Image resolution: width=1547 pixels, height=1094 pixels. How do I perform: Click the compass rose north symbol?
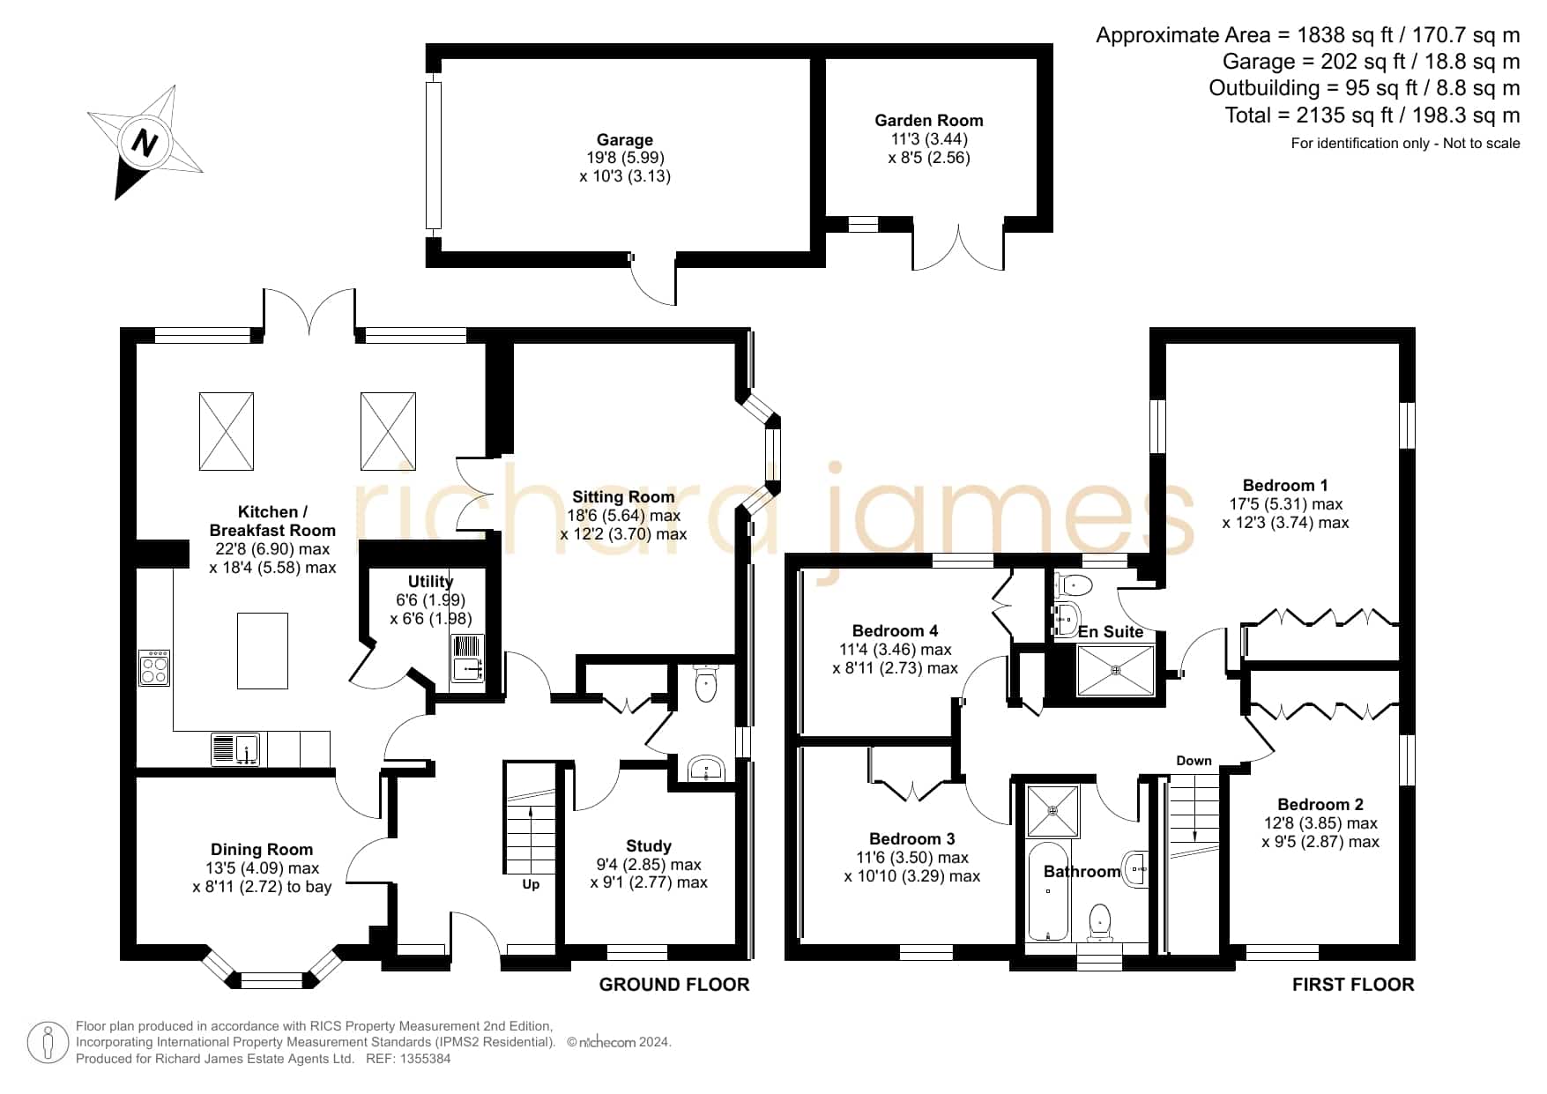(x=145, y=142)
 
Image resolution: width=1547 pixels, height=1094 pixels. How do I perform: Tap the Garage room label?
(x=625, y=139)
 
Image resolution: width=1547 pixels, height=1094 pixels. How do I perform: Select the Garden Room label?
(x=928, y=120)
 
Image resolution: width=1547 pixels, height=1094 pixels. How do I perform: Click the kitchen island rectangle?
(x=263, y=651)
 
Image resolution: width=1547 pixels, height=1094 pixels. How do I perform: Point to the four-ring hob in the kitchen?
(x=154, y=667)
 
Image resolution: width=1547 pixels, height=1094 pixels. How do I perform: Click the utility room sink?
(x=467, y=659)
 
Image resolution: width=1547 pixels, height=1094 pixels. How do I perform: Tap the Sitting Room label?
(x=623, y=496)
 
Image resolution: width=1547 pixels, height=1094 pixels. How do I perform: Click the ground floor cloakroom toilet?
(x=706, y=683)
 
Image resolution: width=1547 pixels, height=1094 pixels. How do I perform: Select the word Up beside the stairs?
(x=531, y=884)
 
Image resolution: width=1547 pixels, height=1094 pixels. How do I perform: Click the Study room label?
(x=649, y=845)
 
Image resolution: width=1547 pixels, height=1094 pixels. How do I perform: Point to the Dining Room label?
(x=262, y=849)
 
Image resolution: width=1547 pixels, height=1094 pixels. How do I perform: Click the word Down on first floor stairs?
(x=1194, y=761)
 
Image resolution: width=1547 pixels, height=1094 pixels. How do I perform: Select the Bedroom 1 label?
(x=1285, y=485)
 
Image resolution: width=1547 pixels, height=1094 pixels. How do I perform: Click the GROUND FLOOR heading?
(x=674, y=985)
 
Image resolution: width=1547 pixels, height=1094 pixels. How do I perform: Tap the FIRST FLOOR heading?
(x=1353, y=985)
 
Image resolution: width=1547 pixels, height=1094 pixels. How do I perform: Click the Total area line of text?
(x=1372, y=115)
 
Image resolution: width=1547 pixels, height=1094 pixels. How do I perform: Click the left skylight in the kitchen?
(x=227, y=431)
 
